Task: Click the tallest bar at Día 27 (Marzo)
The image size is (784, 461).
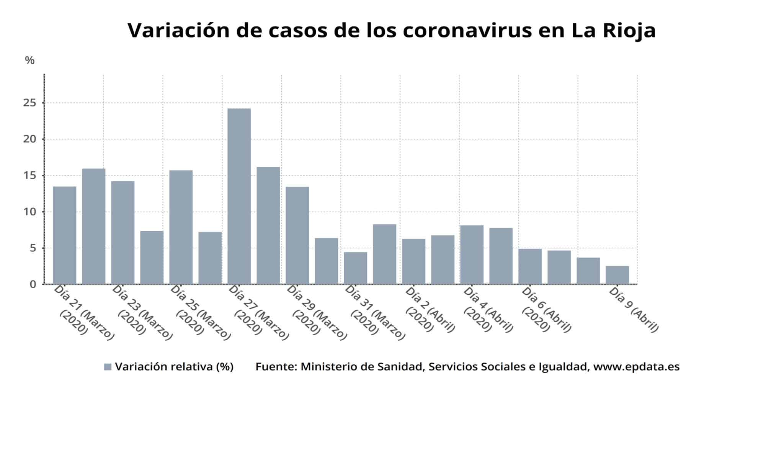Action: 239,196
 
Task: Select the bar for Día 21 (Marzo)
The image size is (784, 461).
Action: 65,235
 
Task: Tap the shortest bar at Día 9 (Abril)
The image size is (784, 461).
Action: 617,275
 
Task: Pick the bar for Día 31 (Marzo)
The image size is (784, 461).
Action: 356,268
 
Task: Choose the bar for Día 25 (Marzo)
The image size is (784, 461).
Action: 181,227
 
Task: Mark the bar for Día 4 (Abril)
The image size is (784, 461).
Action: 472,255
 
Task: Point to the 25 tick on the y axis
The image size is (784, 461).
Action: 29,103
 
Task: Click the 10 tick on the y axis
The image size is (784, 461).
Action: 29,212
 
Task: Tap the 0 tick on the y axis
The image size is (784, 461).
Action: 33,284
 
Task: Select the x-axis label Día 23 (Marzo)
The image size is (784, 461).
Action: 142,312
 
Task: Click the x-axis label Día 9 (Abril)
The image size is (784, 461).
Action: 634,309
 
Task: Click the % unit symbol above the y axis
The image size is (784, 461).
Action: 29,60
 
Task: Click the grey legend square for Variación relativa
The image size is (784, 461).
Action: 108,367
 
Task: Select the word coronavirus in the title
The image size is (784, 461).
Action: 467,31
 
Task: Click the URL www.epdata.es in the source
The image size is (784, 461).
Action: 636,367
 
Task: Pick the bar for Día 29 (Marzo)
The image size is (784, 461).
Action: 297,235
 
